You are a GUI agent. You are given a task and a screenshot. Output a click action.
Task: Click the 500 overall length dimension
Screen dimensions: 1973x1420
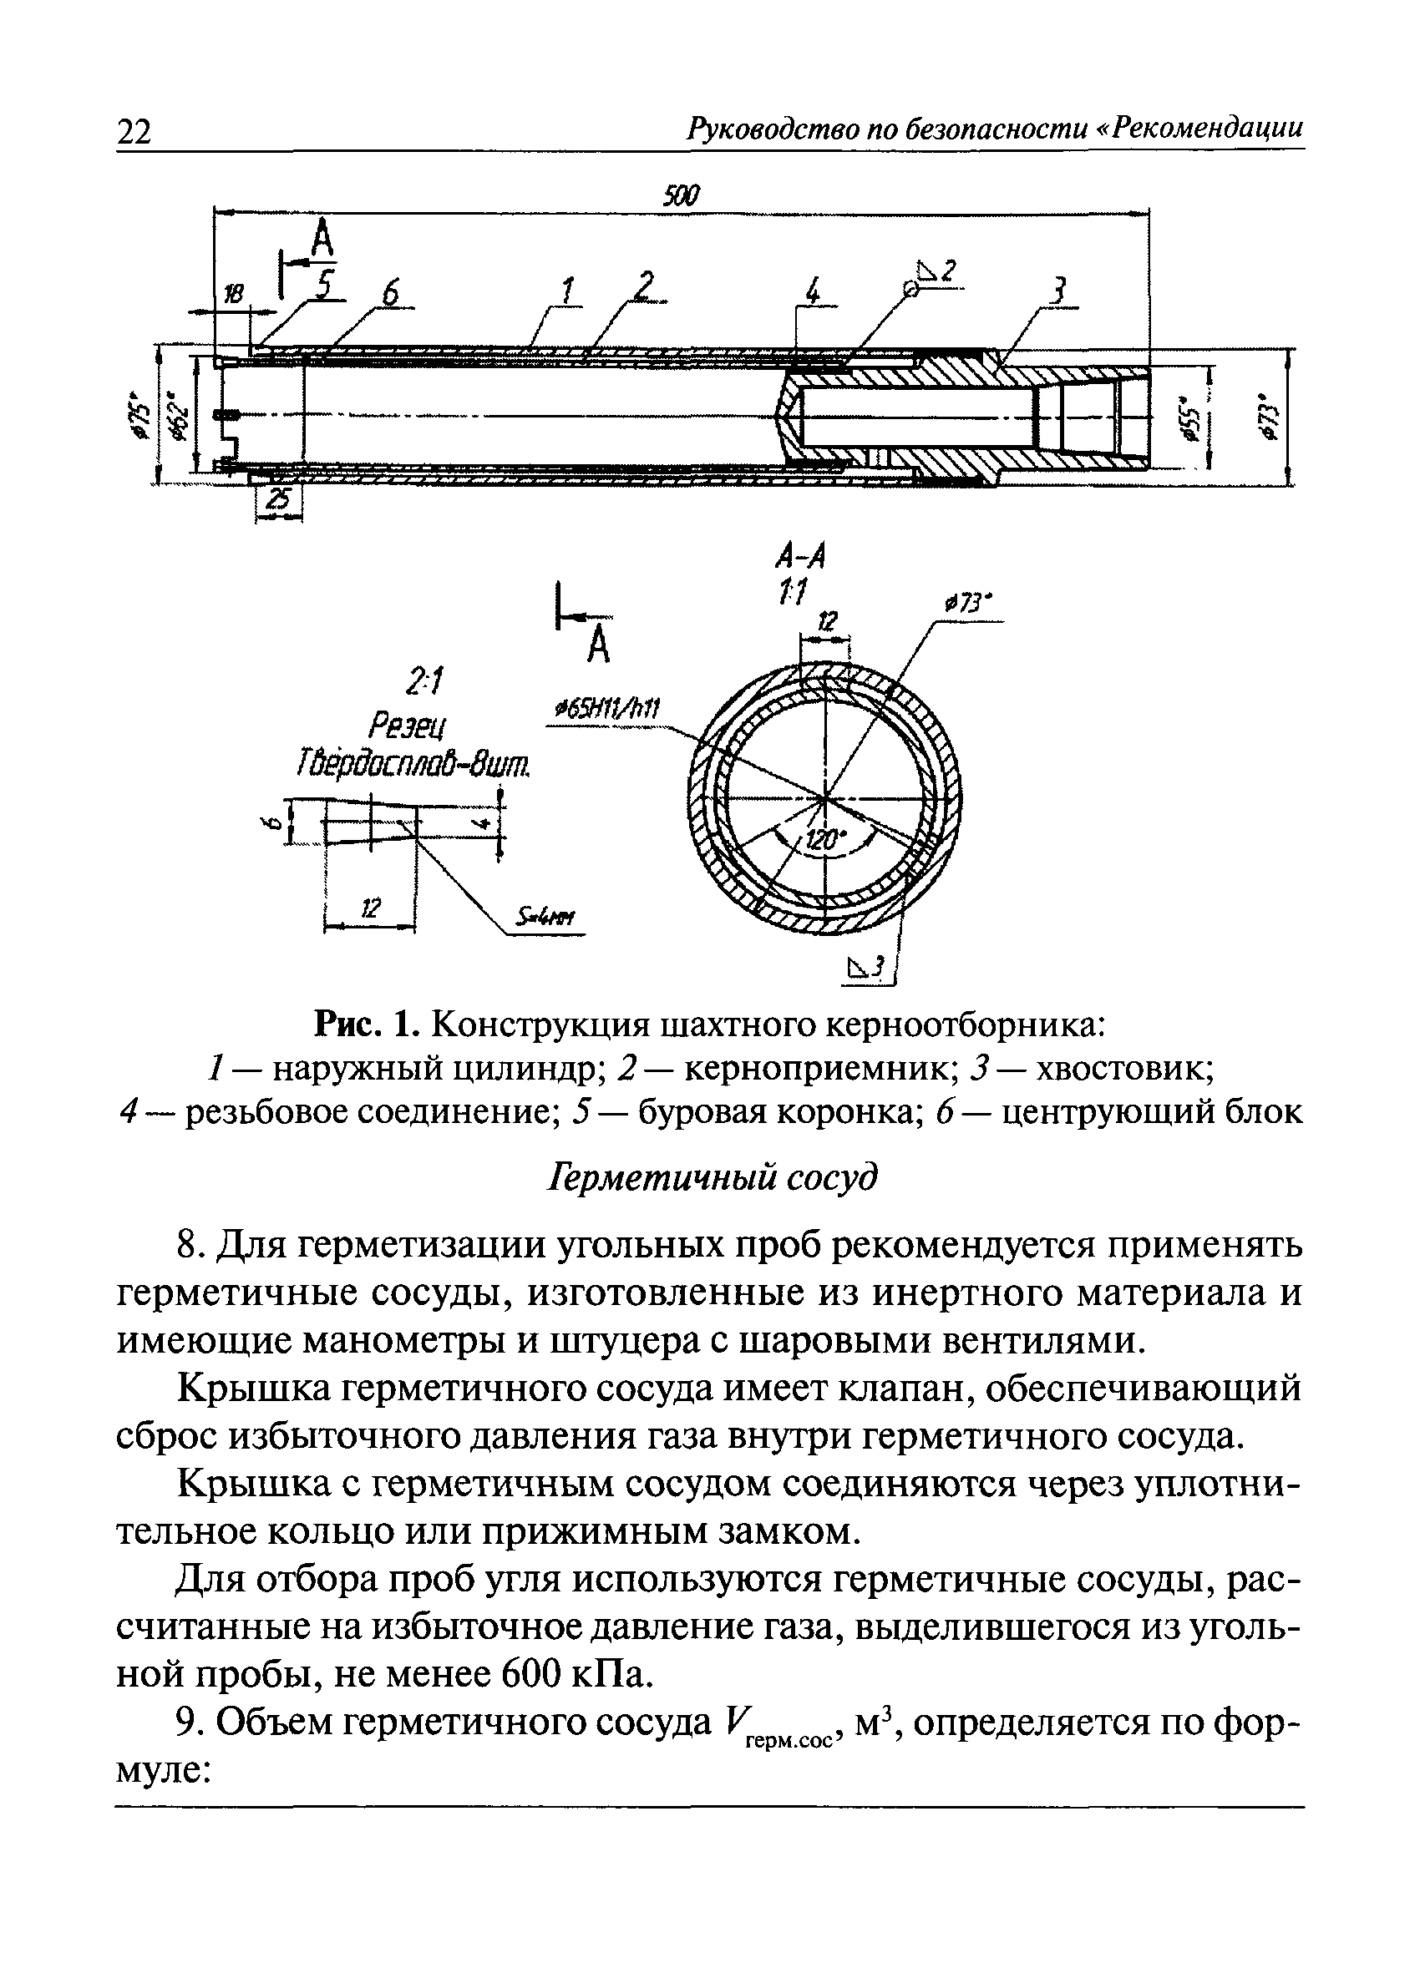point(682,195)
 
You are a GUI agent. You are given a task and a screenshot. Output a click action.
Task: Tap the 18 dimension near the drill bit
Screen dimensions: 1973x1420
point(233,295)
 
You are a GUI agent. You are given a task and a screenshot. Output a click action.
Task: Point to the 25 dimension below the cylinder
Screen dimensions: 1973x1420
point(279,498)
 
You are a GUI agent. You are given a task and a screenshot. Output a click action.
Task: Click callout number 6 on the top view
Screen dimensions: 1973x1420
point(391,295)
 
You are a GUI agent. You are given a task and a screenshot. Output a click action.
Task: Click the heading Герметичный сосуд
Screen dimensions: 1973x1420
point(711,1179)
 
